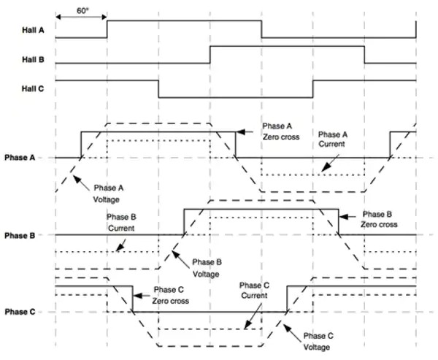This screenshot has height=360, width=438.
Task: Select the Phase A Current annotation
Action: coord(335,139)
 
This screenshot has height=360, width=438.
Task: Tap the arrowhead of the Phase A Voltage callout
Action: coord(72,176)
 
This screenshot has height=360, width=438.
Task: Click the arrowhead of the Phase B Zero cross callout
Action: coord(342,215)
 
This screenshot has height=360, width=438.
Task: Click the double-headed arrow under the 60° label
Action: coord(81,19)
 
